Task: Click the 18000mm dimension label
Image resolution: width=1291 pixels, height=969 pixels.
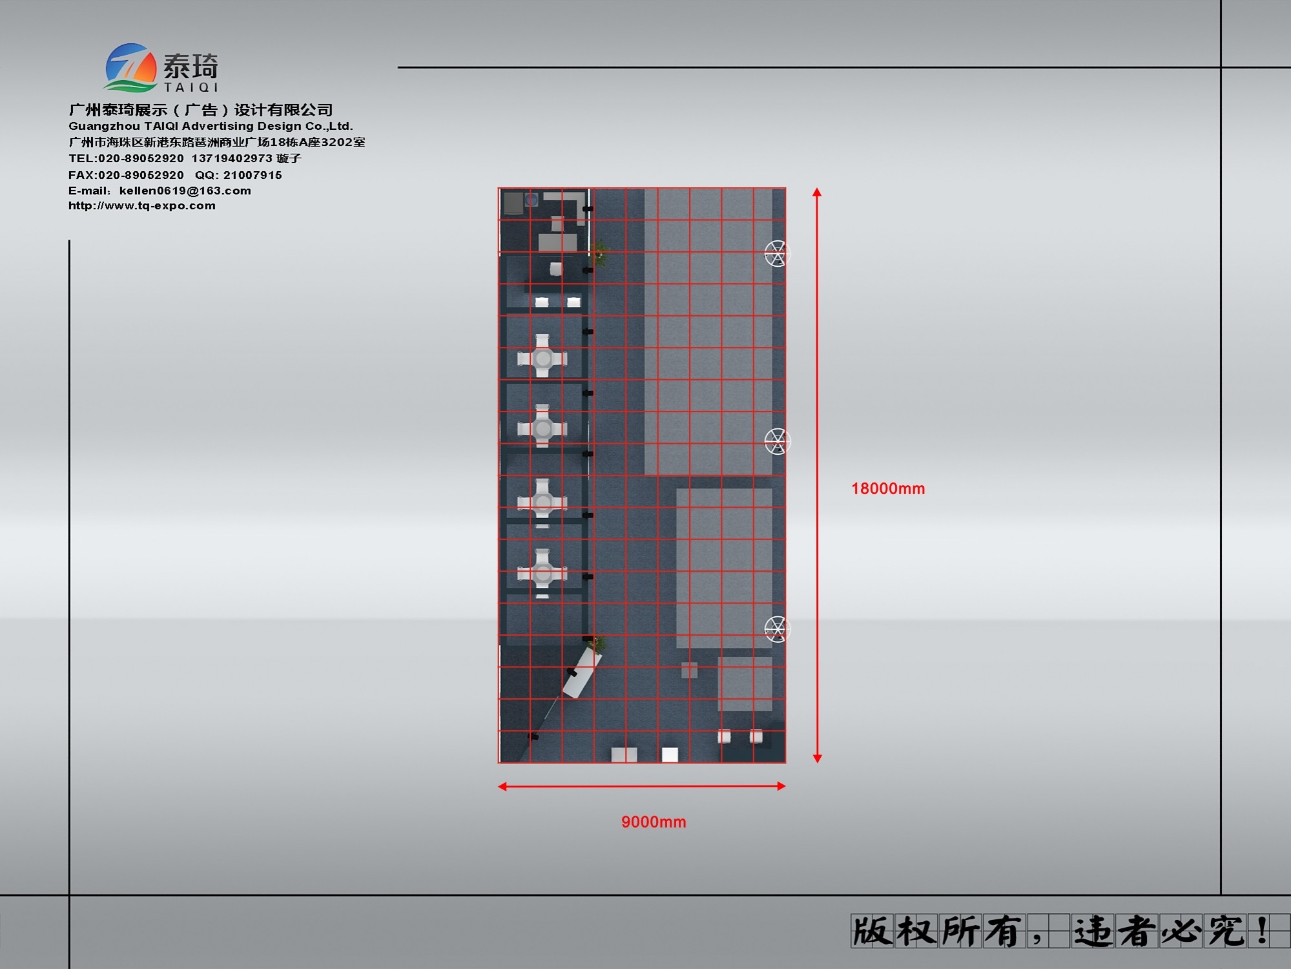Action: [x=888, y=488]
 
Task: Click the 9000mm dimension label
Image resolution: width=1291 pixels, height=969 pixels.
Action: [x=654, y=822]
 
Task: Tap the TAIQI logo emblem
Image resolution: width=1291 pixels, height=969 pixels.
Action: [x=131, y=67]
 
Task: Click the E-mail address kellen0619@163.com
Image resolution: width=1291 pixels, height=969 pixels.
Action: [x=185, y=191]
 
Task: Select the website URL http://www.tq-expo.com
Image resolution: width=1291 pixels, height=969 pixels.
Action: [x=142, y=205]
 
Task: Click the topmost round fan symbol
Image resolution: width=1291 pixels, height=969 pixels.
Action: [x=776, y=253]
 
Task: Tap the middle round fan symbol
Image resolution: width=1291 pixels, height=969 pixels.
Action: [x=776, y=441]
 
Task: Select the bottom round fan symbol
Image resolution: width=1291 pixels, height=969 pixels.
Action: [x=776, y=629]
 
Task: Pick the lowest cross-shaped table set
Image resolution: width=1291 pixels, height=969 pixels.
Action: [x=542, y=573]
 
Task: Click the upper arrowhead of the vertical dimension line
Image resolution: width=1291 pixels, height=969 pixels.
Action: [x=817, y=192]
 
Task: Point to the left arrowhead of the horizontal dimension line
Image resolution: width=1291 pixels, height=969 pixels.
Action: [x=502, y=786]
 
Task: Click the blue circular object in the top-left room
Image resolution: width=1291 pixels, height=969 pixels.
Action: [x=531, y=200]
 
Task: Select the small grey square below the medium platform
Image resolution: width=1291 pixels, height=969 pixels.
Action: [x=689, y=670]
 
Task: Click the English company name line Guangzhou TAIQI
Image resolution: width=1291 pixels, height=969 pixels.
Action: [x=211, y=126]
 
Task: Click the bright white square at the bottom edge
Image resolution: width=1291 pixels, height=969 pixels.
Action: [x=670, y=755]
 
